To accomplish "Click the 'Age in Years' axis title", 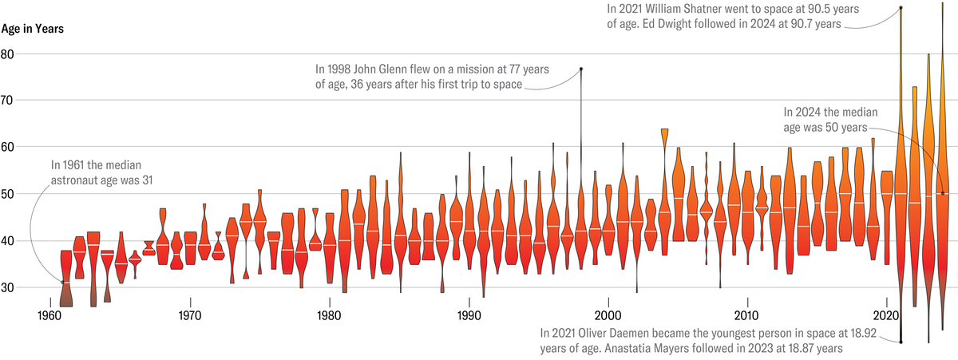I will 32,29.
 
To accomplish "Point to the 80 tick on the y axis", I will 8,54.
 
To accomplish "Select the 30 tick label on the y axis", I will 8,287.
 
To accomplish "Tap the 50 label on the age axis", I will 8,194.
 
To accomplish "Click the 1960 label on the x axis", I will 50,315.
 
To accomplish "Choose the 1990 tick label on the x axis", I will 469,315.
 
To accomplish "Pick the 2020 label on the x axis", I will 887,315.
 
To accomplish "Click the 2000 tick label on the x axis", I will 608,315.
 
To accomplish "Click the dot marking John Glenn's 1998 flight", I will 581,69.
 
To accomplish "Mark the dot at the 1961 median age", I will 62,282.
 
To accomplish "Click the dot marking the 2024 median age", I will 943,193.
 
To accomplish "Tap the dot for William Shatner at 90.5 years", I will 901,8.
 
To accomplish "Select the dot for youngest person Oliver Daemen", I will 901,342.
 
